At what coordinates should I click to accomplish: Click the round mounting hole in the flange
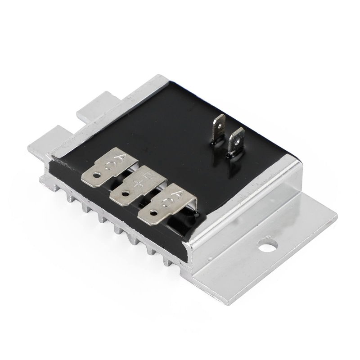[267, 246]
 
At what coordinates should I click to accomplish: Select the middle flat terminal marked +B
[138, 186]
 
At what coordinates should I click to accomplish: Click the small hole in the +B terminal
[126, 193]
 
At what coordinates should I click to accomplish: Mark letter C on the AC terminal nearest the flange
[167, 202]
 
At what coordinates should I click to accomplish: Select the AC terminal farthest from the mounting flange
[110, 166]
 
